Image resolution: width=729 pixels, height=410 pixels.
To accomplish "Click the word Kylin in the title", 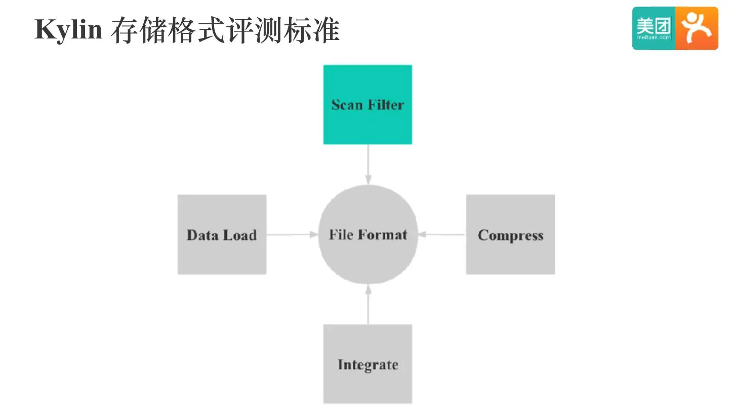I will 68,30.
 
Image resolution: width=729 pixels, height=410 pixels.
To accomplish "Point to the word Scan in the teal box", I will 347,105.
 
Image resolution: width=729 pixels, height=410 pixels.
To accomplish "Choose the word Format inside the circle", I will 382,235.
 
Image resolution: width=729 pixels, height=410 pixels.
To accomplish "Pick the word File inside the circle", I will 341,235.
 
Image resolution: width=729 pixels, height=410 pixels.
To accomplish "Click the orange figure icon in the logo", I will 697,28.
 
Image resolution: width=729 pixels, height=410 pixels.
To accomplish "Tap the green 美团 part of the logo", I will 654,28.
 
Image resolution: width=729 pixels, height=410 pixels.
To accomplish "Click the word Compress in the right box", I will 510,235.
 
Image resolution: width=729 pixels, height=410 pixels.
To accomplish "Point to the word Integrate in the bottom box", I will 368,365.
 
